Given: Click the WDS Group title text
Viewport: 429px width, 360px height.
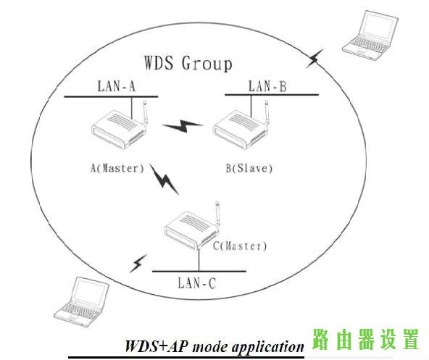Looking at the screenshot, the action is coord(188,63).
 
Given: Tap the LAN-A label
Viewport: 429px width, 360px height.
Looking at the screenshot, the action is coord(117,85).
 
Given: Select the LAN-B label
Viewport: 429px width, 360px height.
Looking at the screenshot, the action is coord(267,86).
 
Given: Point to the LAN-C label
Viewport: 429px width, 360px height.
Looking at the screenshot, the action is coord(197,282).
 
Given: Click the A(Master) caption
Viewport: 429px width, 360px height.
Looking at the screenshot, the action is coord(117,168).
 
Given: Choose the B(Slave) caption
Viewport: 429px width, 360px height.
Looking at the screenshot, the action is coord(249,168).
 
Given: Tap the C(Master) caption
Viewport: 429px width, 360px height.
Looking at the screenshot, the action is coord(240,246).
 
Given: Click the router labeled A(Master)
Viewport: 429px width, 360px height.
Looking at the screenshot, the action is coord(120,125).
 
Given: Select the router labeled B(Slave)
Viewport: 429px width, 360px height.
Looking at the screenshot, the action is coord(241,125).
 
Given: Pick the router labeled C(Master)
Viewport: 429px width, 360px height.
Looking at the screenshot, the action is coord(192,226).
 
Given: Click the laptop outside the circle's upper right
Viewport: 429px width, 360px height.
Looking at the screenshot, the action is coord(370,35).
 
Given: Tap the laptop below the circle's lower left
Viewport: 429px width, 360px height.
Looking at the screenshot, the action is coord(82,302).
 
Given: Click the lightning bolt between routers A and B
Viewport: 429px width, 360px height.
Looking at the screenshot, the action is coord(183,126).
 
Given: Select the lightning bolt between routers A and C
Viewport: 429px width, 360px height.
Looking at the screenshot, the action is coord(164,180).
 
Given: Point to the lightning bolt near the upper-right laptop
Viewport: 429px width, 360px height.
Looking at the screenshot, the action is coord(315,58).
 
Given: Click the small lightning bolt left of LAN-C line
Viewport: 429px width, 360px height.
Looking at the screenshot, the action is coord(138,264).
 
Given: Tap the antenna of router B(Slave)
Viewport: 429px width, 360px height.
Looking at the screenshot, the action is coord(267,112).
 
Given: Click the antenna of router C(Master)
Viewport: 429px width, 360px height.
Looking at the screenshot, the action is coord(217,214).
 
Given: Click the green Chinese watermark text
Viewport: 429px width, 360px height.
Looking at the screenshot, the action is coord(365,339).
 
